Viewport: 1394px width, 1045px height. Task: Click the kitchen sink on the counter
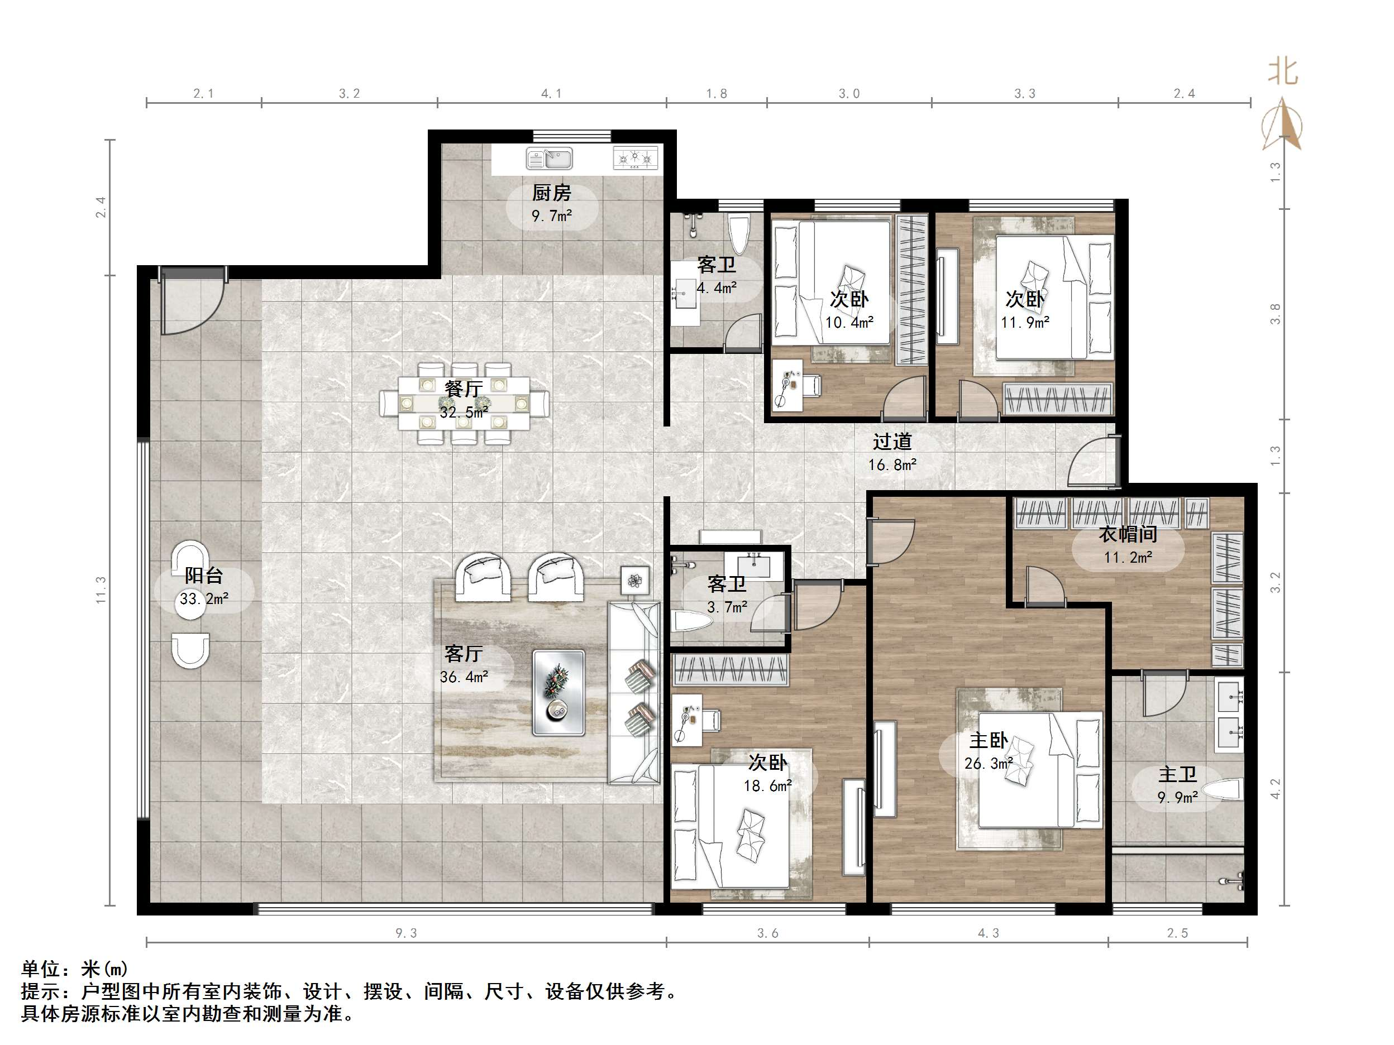pos(549,159)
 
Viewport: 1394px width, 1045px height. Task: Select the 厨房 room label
pos(551,193)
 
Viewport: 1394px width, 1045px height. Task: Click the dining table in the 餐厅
pos(464,403)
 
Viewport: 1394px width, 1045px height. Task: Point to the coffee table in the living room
pos(558,693)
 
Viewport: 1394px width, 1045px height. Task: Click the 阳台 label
pos(203,575)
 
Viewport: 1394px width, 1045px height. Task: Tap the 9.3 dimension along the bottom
pos(406,933)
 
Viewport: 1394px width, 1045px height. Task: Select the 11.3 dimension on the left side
pos(101,590)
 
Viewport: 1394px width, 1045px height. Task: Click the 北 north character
pos(1283,71)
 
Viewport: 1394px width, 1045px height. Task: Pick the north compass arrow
pos(1282,124)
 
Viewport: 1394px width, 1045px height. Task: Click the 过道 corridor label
pos(892,442)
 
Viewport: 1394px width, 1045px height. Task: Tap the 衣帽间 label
pos(1128,534)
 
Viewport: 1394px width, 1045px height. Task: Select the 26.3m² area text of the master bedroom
pos(989,764)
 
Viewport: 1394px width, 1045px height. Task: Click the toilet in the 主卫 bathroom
pos(1221,790)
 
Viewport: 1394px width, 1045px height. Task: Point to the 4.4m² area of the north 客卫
pos(717,288)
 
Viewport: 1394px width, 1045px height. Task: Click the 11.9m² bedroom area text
pos(1025,323)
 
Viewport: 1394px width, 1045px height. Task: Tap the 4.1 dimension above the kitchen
pos(551,94)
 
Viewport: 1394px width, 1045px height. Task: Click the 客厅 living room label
pos(464,654)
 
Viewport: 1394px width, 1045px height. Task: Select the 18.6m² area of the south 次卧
pos(767,786)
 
